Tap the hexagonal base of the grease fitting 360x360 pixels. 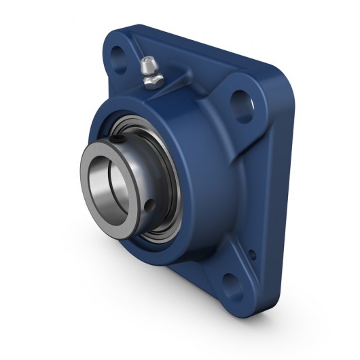tap(151, 79)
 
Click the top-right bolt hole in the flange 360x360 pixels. tap(242, 107)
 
